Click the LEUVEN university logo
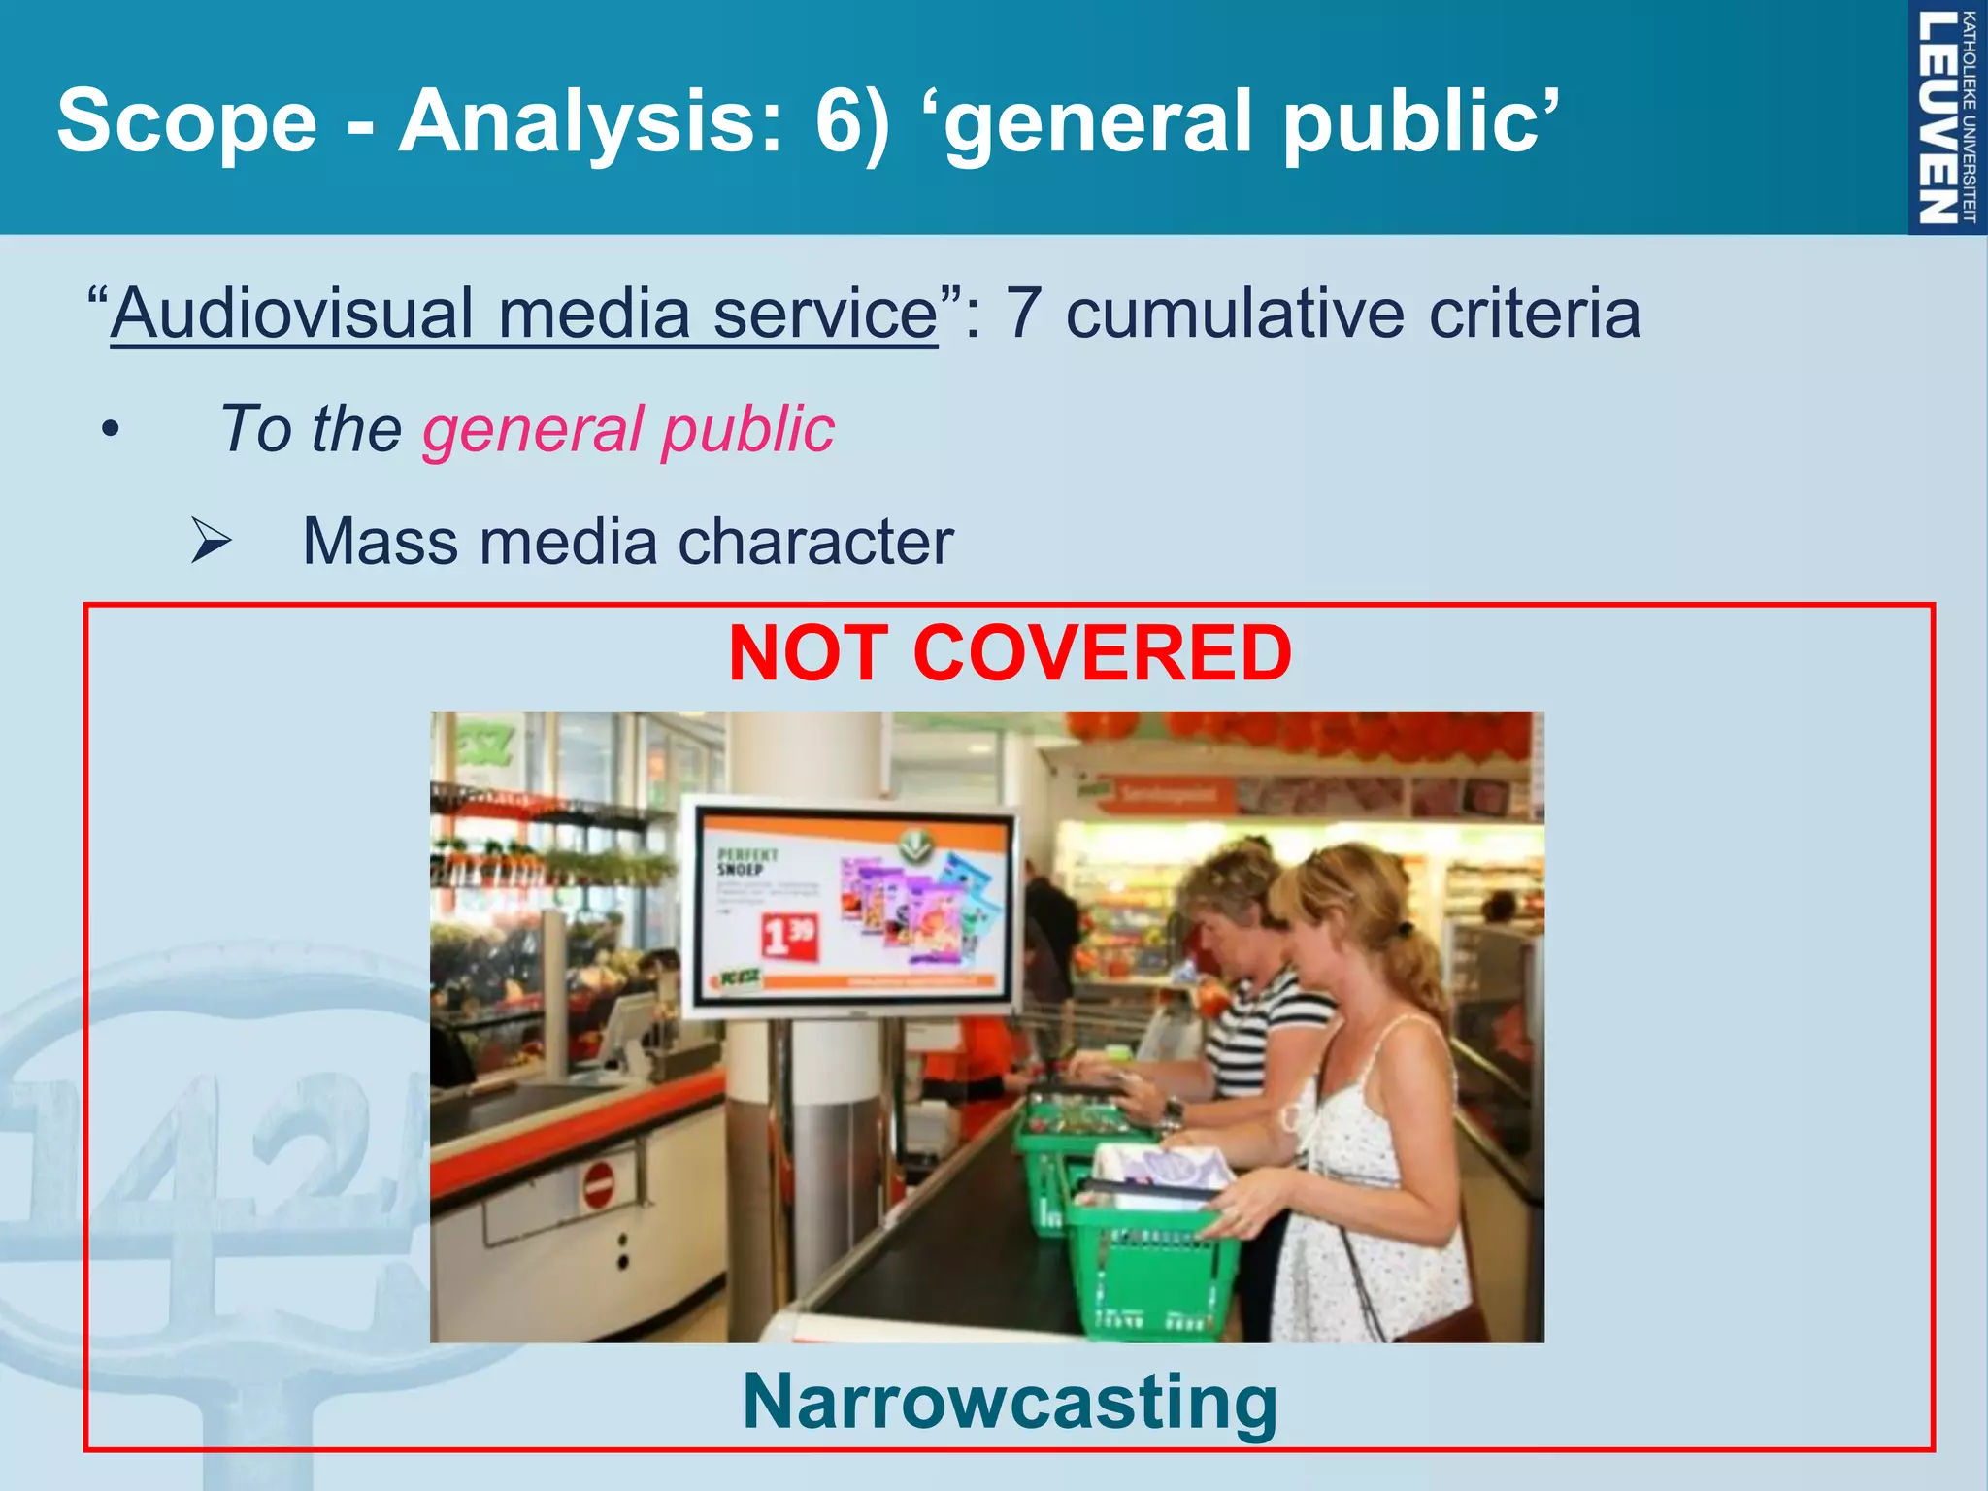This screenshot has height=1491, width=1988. pyautogui.click(x=1944, y=117)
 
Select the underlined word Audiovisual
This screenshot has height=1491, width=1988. pyautogui.click(x=291, y=314)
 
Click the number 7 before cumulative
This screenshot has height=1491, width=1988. pyautogui.click(x=1023, y=314)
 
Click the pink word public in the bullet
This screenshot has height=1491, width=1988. pyautogui.click(x=747, y=428)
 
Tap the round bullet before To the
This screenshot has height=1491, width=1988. pyautogui.click(x=111, y=429)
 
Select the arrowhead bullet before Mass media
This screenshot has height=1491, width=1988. pyautogui.click(x=211, y=541)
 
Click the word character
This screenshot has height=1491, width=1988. pyautogui.click(x=815, y=541)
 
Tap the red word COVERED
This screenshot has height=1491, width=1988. pyautogui.click(x=1102, y=653)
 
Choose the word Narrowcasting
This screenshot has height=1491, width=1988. pyautogui.click(x=1010, y=1402)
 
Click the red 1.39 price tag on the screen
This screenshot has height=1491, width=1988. pyautogui.click(x=788, y=936)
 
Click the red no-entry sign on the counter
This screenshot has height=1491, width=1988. pyautogui.click(x=599, y=1185)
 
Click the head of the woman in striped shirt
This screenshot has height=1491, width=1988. pyautogui.click(x=1223, y=898)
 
